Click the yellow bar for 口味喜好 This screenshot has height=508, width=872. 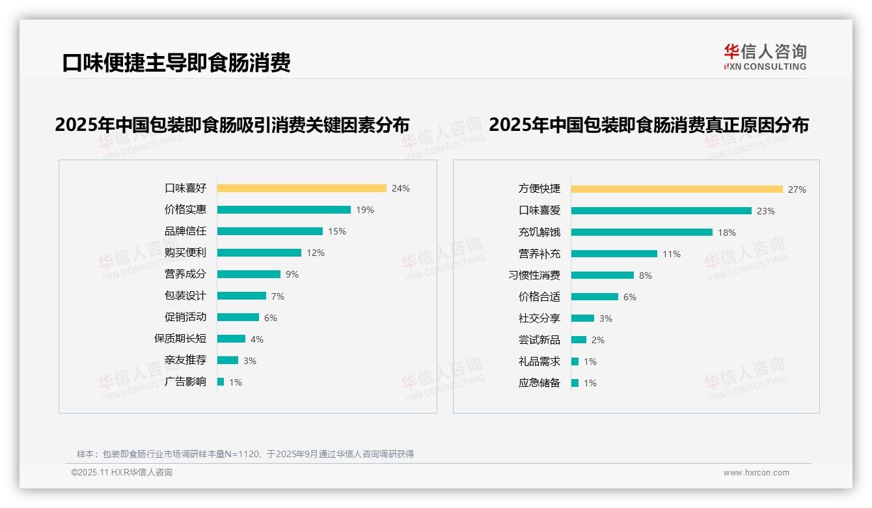(x=301, y=188)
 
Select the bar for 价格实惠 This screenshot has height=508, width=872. (x=284, y=210)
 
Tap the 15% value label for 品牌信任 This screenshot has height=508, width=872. (x=337, y=231)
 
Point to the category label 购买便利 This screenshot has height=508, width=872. (x=185, y=253)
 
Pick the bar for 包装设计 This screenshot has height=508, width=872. (x=241, y=296)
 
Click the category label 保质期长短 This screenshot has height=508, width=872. (x=180, y=339)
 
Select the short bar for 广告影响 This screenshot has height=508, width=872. (x=221, y=382)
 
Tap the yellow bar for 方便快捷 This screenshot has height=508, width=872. (x=677, y=190)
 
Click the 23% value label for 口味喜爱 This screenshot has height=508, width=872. (x=766, y=211)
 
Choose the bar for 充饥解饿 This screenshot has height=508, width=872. (x=642, y=232)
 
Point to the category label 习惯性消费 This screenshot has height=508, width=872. (x=534, y=275)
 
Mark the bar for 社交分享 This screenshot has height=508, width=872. (x=582, y=318)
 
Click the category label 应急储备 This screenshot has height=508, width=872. (x=539, y=383)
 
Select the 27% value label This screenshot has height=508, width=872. (x=797, y=190)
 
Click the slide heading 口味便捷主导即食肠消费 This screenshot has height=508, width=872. (x=176, y=63)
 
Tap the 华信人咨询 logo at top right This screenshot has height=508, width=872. (x=765, y=57)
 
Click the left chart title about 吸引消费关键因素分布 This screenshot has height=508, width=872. (x=232, y=124)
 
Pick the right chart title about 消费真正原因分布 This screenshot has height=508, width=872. (x=648, y=124)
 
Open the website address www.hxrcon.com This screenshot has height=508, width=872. (x=756, y=473)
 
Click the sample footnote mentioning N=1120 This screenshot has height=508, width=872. (x=245, y=454)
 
